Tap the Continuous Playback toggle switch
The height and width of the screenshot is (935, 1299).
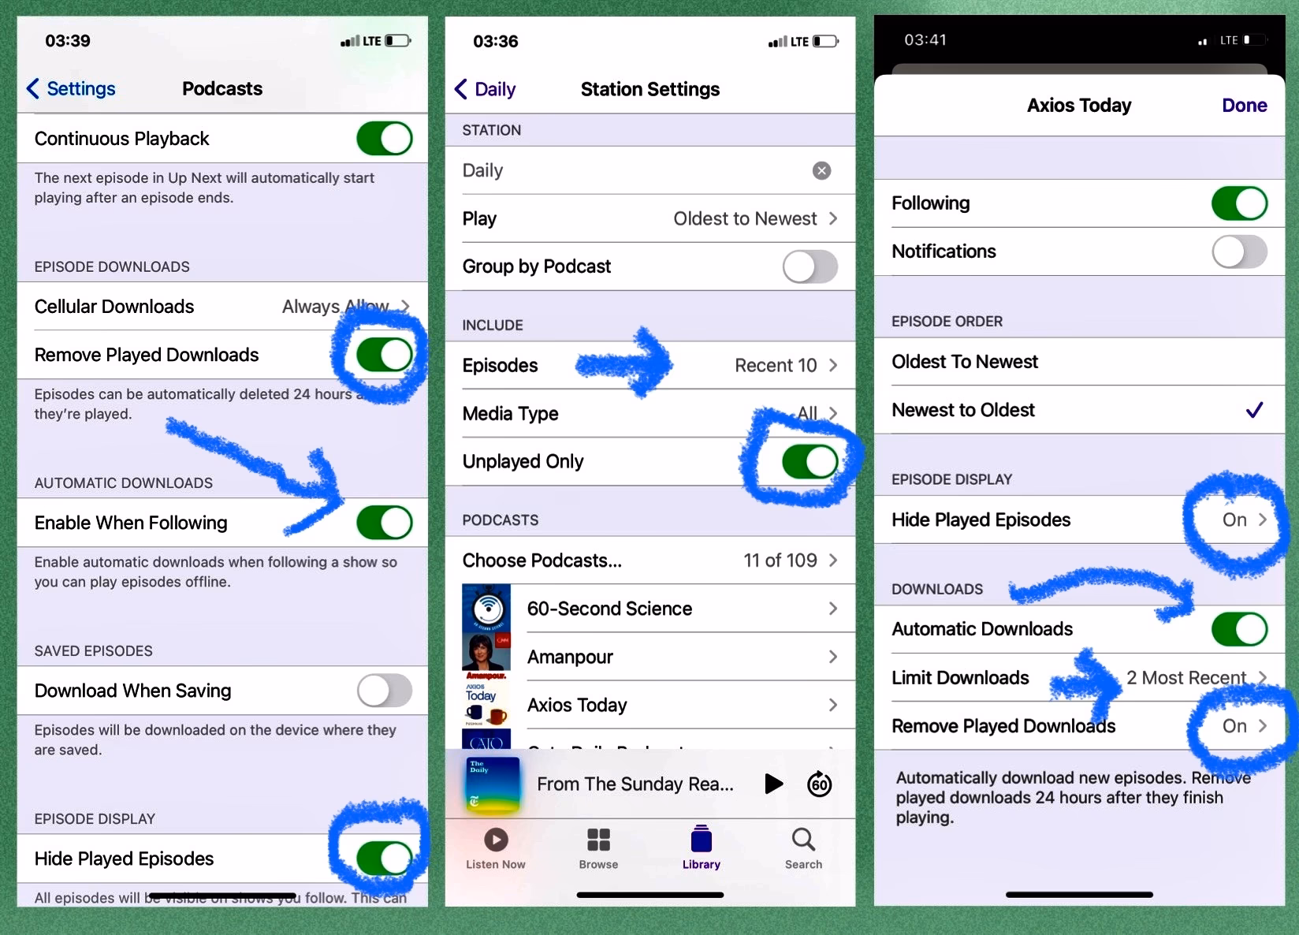[384, 139]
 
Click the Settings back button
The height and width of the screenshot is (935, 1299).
[72, 88]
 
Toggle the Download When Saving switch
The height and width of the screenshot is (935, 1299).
[384, 691]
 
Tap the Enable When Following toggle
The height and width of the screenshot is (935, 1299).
[384, 523]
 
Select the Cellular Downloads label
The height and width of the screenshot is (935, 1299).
[114, 307]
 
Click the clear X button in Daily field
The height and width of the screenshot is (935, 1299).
[821, 171]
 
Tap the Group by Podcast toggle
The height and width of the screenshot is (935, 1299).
[810, 266]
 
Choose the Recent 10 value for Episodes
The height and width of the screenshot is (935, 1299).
[776, 366]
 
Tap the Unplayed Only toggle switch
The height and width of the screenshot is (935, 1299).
[810, 462]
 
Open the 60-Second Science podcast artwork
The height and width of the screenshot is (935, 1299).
[486, 608]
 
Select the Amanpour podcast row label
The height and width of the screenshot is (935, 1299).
[570, 657]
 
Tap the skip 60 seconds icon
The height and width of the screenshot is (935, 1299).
[819, 784]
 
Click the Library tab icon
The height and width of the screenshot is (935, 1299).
[701, 840]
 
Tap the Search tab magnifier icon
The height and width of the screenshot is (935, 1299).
[803, 840]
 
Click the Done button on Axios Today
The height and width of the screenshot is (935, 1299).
[1244, 106]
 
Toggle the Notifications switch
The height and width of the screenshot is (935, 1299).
[1238, 251]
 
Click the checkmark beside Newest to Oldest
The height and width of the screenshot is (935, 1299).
[1253, 410]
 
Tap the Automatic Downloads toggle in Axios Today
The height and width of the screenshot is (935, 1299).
[1238, 629]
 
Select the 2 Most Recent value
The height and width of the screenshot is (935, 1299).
[1185, 678]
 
